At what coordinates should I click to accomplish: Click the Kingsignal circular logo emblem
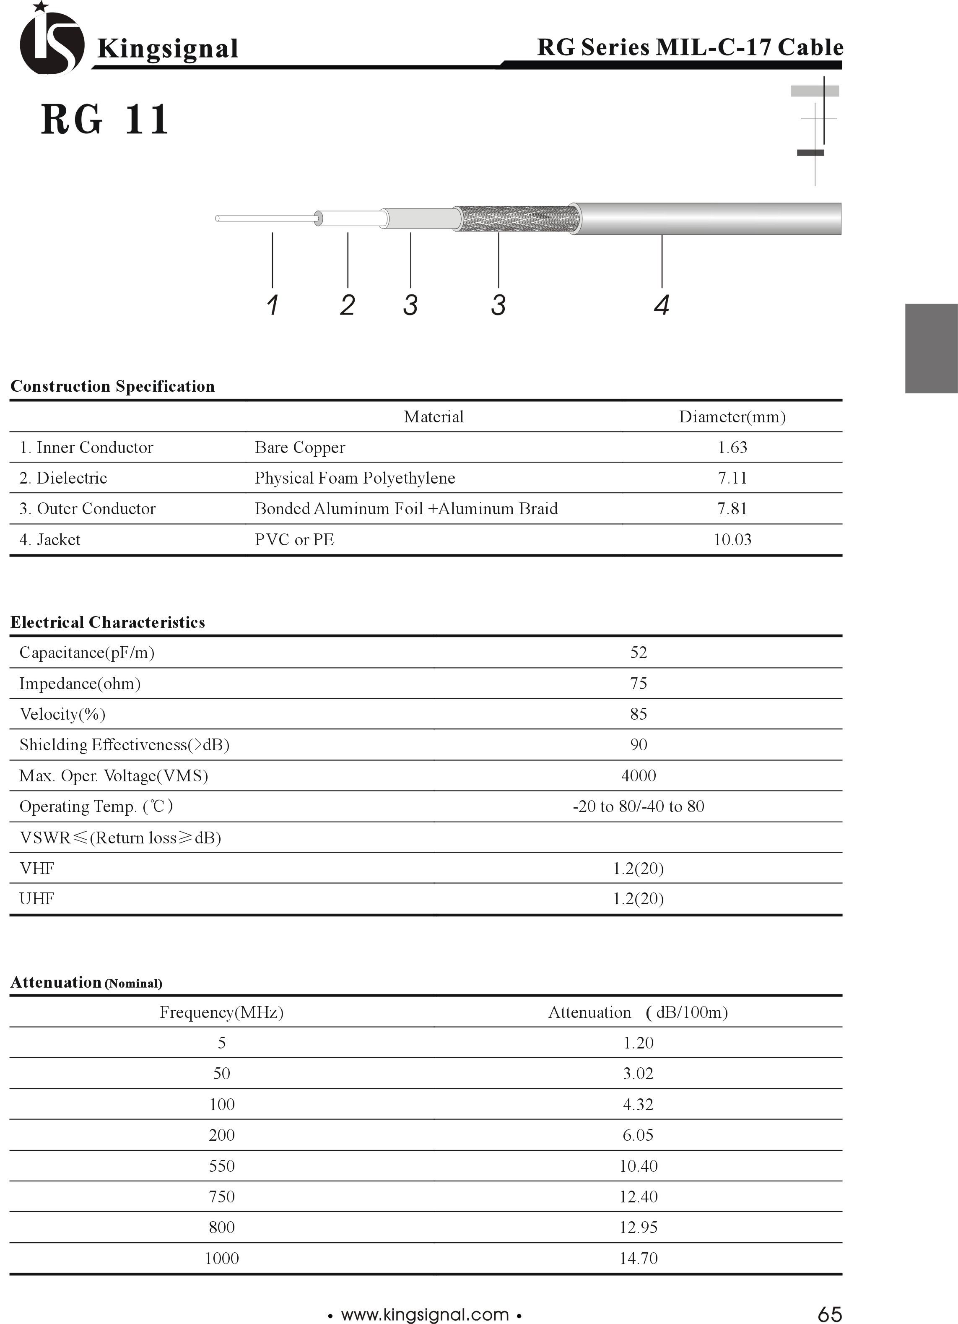[x=51, y=42]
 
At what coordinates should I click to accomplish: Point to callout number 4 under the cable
[x=661, y=305]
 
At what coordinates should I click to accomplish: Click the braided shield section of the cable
[x=517, y=219]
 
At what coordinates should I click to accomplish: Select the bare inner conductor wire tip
[x=218, y=218]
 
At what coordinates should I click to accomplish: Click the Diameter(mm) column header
[x=732, y=417]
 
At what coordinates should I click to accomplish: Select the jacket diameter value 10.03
[x=732, y=539]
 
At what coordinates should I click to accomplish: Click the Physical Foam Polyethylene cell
[x=355, y=478]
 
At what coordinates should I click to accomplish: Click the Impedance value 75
[x=638, y=683]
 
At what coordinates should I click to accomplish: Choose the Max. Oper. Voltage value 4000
[x=638, y=775]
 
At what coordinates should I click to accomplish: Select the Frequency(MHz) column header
[x=222, y=1012]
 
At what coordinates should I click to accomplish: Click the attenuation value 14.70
[x=638, y=1258]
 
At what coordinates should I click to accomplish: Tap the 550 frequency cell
[x=222, y=1166]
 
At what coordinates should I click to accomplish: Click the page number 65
[x=829, y=1314]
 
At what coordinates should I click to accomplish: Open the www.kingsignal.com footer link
[x=425, y=1315]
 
